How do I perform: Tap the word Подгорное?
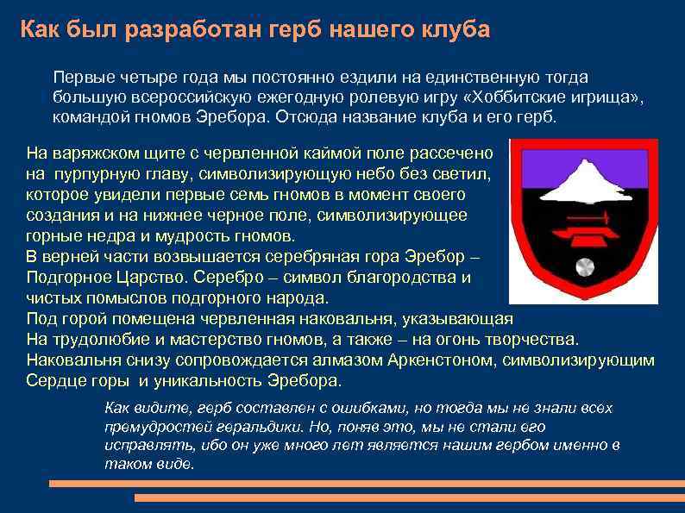(66, 278)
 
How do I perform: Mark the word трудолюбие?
(90, 340)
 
